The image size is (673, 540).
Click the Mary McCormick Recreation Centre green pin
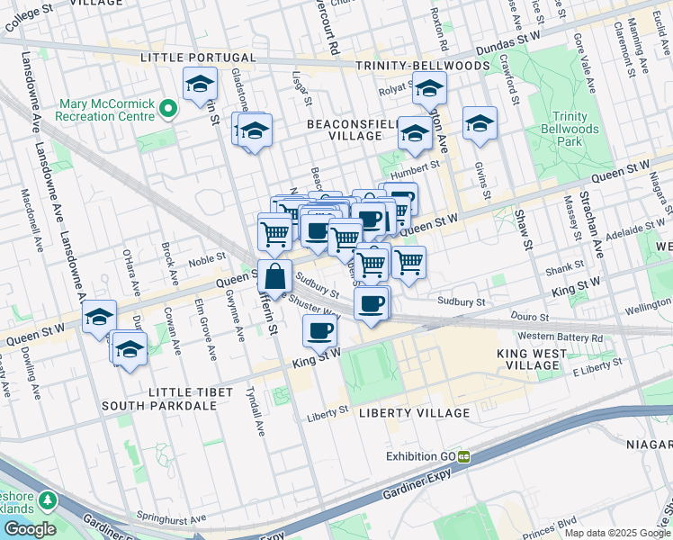pyautogui.click(x=166, y=109)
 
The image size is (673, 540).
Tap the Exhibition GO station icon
pyautogui.click(x=464, y=456)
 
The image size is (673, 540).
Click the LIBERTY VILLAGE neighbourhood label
pyautogui.click(x=414, y=413)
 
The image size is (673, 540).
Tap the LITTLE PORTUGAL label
pyautogui.click(x=186, y=58)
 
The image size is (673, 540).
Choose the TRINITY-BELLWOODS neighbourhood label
pyautogui.click(x=422, y=66)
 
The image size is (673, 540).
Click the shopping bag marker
pyautogui.click(x=274, y=275)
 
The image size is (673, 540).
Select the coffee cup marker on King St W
pyautogui.click(x=319, y=331)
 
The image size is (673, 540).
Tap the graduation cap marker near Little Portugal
pyautogui.click(x=199, y=85)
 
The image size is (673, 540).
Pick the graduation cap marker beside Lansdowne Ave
pyautogui.click(x=99, y=317)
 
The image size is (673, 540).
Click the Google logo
pyautogui.click(x=28, y=529)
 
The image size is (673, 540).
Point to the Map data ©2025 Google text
pyautogui.click(x=617, y=533)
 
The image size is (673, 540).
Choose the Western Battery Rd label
pyautogui.click(x=558, y=337)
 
